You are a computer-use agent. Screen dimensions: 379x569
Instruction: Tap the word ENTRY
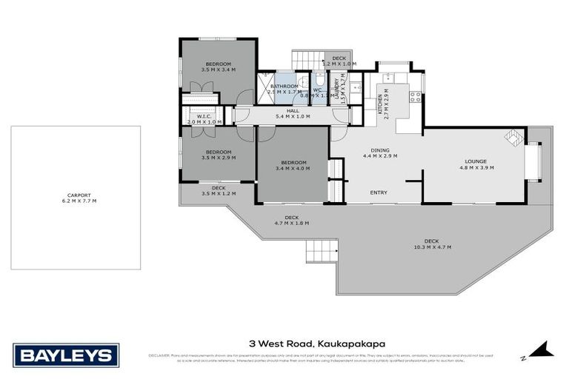click(379, 193)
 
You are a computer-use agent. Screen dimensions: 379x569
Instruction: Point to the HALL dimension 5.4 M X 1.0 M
click(291, 116)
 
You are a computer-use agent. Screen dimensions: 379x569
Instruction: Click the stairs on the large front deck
click(320, 252)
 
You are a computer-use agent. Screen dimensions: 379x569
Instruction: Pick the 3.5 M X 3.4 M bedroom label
click(219, 67)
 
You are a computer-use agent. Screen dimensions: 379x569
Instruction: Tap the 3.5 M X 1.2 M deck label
click(218, 192)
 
